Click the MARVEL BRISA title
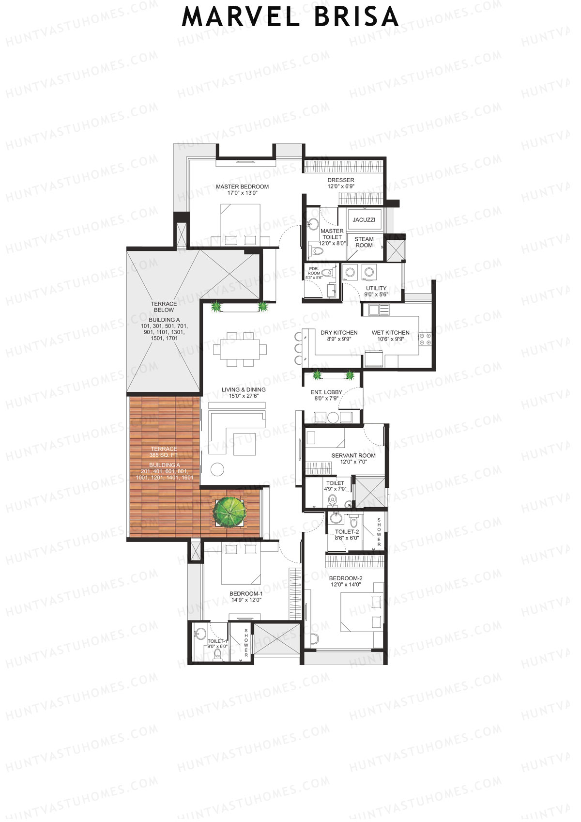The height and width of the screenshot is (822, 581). pos(290,17)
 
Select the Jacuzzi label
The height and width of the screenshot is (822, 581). pos(364,219)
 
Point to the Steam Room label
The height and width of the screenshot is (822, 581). pos(364,242)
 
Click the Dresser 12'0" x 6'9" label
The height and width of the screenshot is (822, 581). pos(341,183)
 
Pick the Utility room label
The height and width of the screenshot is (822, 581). pos(376,291)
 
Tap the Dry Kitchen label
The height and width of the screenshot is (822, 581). pos(339,336)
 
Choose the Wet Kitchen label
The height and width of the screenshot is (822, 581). pos(390,336)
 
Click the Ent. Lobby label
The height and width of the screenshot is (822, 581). pos(326,395)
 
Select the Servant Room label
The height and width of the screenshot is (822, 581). pos(353,458)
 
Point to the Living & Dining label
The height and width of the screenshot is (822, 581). pos(244,392)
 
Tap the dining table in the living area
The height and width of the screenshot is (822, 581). pos(240,348)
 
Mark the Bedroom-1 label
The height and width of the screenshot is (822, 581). pos(246,597)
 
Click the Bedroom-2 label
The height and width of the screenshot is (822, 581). pos(346,581)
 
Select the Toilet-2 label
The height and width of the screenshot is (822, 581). pos(347,535)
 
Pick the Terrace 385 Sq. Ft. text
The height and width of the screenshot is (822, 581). pos(164,452)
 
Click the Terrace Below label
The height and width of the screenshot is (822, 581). pos(164,307)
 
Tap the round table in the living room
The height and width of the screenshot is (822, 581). pos(217,469)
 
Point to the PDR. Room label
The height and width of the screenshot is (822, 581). pos(314,273)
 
